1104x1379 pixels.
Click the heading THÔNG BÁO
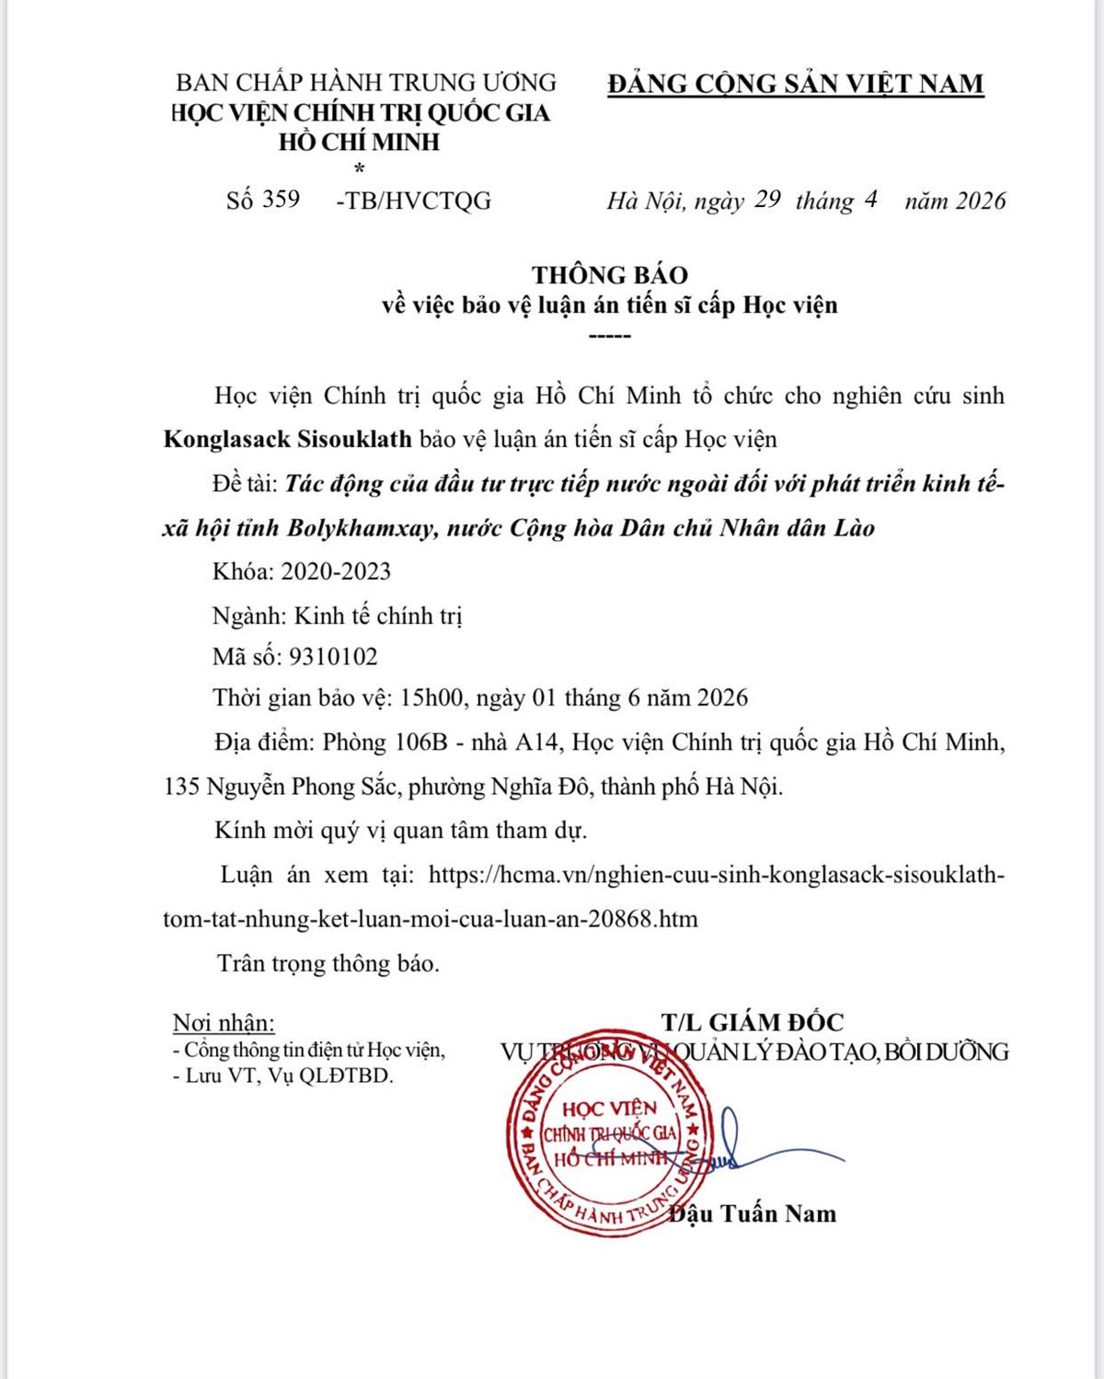(x=610, y=274)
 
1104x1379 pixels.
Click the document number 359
(x=281, y=200)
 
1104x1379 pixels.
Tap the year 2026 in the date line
(x=981, y=201)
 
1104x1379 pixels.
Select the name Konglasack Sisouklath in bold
(x=288, y=439)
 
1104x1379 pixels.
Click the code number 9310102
(x=333, y=656)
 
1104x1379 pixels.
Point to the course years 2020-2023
(x=336, y=571)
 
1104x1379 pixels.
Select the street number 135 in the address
(x=181, y=787)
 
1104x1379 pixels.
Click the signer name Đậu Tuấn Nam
(x=754, y=1213)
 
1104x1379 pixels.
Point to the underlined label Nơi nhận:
(x=224, y=1023)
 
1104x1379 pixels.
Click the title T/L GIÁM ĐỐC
(x=752, y=1021)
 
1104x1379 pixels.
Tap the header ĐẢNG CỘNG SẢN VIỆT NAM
(x=796, y=84)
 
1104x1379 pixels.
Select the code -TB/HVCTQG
(x=414, y=201)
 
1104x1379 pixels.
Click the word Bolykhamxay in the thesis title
(x=359, y=528)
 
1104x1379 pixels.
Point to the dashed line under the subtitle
(x=609, y=336)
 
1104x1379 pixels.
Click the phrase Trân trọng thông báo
(x=328, y=963)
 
